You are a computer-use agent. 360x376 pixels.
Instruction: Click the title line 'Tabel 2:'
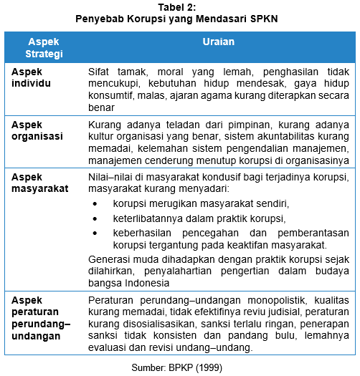click(x=180, y=6)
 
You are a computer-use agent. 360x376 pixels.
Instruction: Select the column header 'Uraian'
click(x=218, y=42)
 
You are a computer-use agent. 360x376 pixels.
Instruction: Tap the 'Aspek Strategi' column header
click(x=44, y=47)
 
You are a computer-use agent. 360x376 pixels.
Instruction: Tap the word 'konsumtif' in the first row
click(x=112, y=96)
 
